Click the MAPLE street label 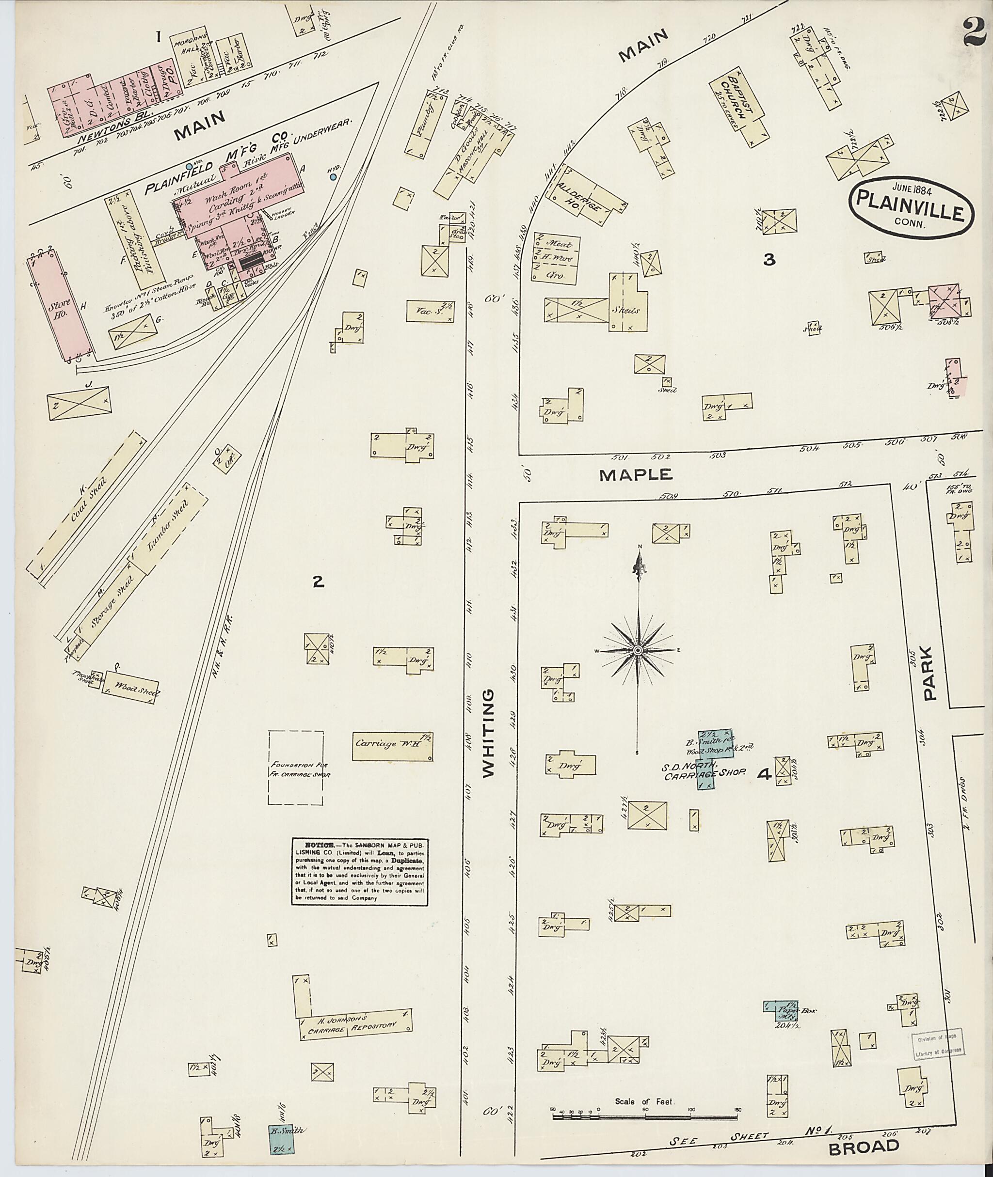[636, 474]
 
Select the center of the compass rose [638, 650]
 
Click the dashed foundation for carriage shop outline [296, 768]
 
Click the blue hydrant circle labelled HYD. [333, 177]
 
